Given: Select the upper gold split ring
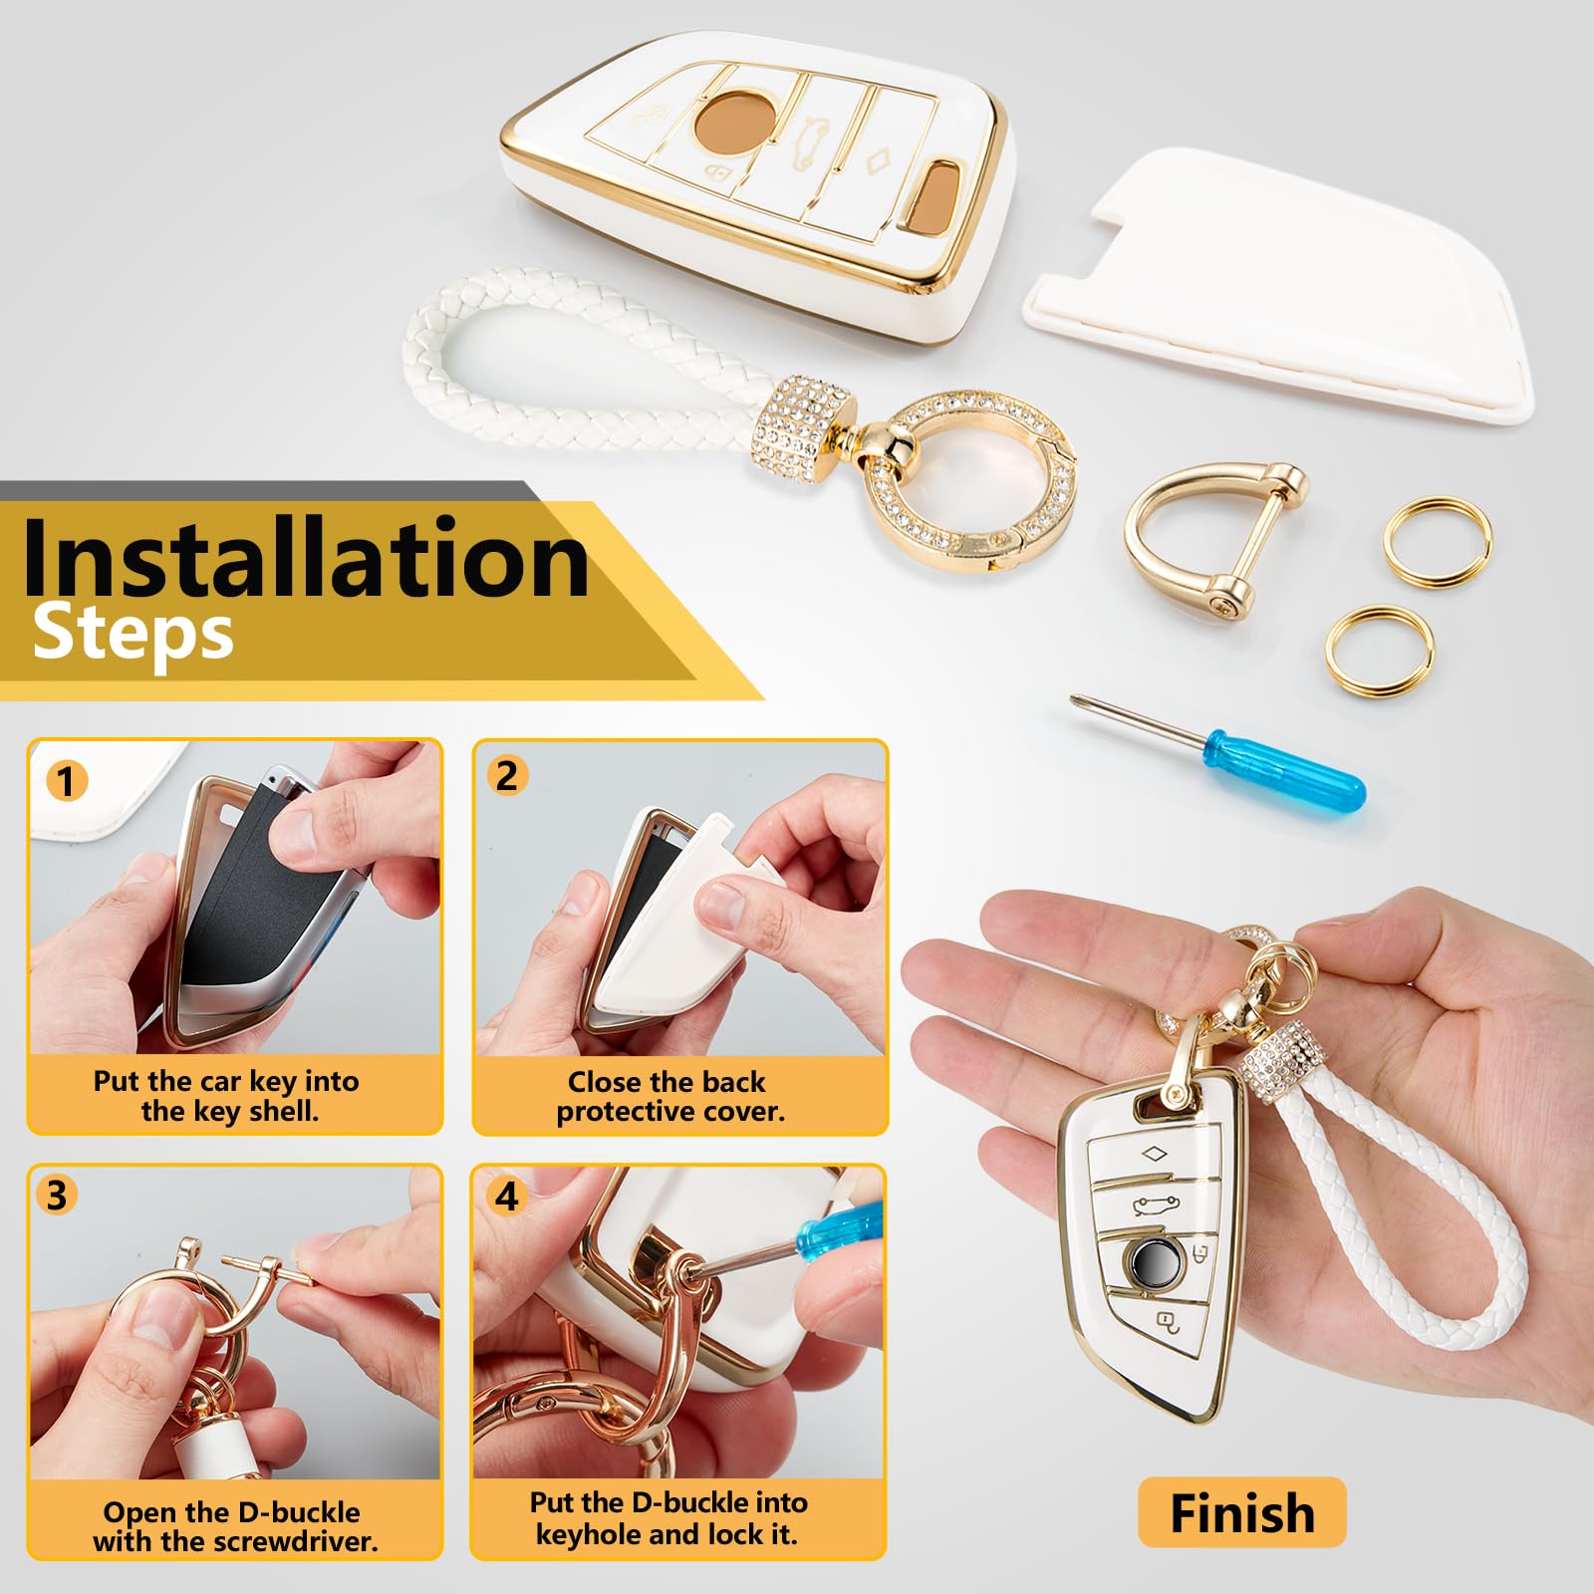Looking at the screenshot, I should (1438, 540).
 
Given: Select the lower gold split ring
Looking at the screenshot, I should (1380, 652).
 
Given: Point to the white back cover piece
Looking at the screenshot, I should (1285, 289).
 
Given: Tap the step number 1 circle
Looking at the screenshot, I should (66, 781).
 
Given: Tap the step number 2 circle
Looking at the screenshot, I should (507, 776).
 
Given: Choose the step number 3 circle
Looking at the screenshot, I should (57, 1195).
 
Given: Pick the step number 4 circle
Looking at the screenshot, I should (507, 1195).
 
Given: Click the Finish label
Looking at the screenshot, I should (1241, 1513).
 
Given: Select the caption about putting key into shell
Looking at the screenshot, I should (227, 1096).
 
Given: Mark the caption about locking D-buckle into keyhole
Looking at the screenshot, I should (667, 1517).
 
